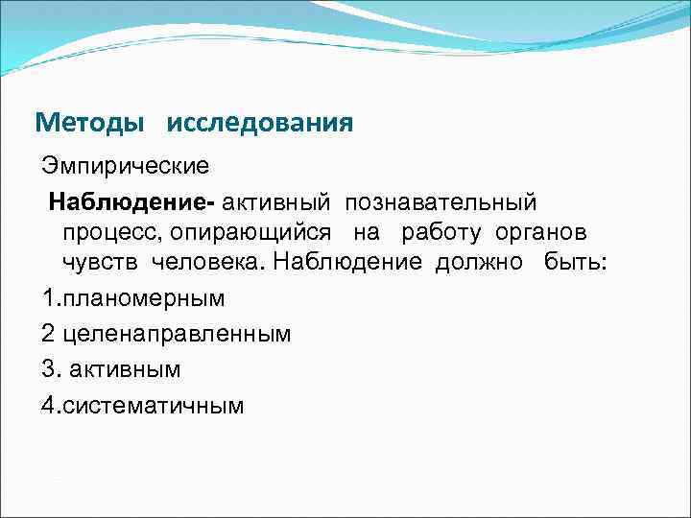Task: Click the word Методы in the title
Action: [90, 124]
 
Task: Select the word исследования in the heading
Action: [259, 124]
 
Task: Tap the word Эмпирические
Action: [125, 166]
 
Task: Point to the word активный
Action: [276, 202]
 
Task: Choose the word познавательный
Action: [441, 202]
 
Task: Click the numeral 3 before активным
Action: [49, 369]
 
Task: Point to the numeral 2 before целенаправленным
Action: [49, 334]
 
